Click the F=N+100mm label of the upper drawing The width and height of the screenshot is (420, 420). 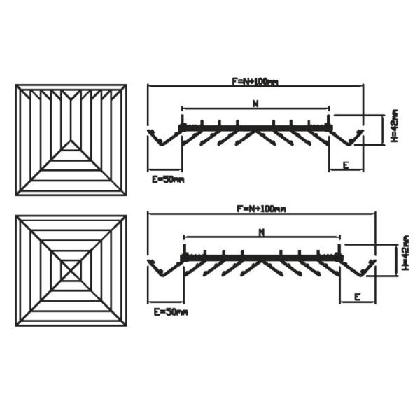(x=255, y=82)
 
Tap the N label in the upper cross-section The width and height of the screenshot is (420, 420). (x=255, y=104)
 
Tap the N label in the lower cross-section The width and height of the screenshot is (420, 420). (x=261, y=232)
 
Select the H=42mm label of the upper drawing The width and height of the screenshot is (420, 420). (x=395, y=126)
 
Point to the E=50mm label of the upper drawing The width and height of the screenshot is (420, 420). (x=168, y=180)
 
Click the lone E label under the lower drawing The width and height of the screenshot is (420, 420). (x=357, y=297)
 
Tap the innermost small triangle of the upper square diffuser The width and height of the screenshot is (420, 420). (x=71, y=146)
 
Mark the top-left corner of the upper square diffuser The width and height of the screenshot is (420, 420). (x=16, y=85)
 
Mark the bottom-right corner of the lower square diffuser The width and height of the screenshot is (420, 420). (x=126, y=325)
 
